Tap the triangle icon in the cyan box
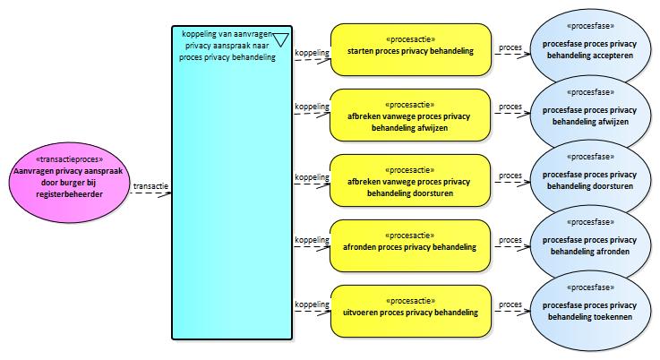pos(280,39)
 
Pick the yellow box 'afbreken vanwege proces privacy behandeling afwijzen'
pos(410,116)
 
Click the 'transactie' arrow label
pos(150,187)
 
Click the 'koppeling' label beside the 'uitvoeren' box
pos(311,304)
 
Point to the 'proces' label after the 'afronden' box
pos(510,240)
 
